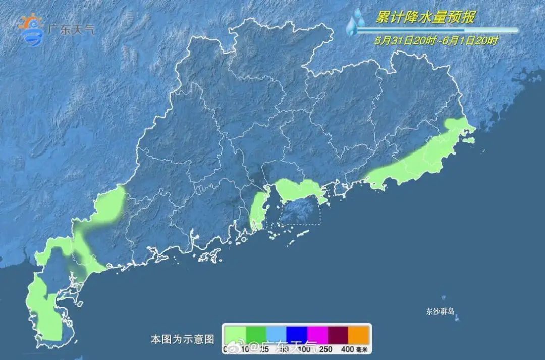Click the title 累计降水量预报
tap(425, 17)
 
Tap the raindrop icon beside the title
tap(356, 22)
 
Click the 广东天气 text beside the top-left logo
tap(71, 29)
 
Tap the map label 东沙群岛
tap(441, 311)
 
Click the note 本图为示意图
tap(183, 338)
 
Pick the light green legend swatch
tap(235, 334)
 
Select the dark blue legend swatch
tap(297, 334)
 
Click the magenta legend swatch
tap(317, 334)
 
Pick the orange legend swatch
tap(359, 334)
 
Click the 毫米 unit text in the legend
tap(362, 348)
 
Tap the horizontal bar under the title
tap(437, 30)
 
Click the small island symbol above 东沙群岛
tap(444, 298)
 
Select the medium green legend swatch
tap(255, 334)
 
